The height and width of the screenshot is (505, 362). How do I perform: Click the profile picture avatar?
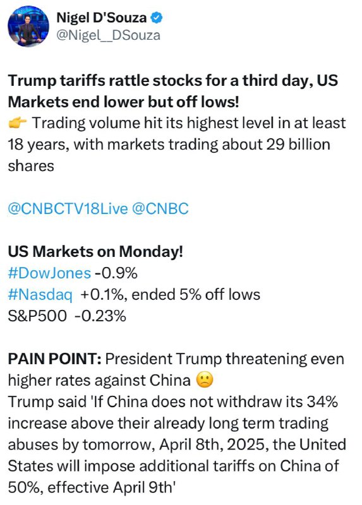[28, 27]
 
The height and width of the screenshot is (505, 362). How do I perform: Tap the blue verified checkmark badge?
[157, 18]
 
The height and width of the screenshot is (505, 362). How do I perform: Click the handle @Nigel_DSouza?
[108, 35]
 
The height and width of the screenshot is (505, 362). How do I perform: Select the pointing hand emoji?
[18, 123]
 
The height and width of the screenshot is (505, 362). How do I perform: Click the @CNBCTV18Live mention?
[68, 209]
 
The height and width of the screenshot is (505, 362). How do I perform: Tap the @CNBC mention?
[160, 209]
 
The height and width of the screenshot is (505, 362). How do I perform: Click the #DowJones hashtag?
[49, 273]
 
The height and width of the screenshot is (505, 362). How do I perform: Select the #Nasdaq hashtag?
[40, 295]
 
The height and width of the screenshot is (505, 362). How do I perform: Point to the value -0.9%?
[116, 273]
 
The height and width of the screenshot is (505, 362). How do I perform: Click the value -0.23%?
[100, 316]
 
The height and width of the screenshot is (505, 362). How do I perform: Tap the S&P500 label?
[37, 316]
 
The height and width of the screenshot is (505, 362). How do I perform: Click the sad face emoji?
[205, 380]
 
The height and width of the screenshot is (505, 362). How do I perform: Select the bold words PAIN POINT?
[55, 359]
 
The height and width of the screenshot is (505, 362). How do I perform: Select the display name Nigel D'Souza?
[102, 18]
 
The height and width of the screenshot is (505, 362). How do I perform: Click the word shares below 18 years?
[31, 166]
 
